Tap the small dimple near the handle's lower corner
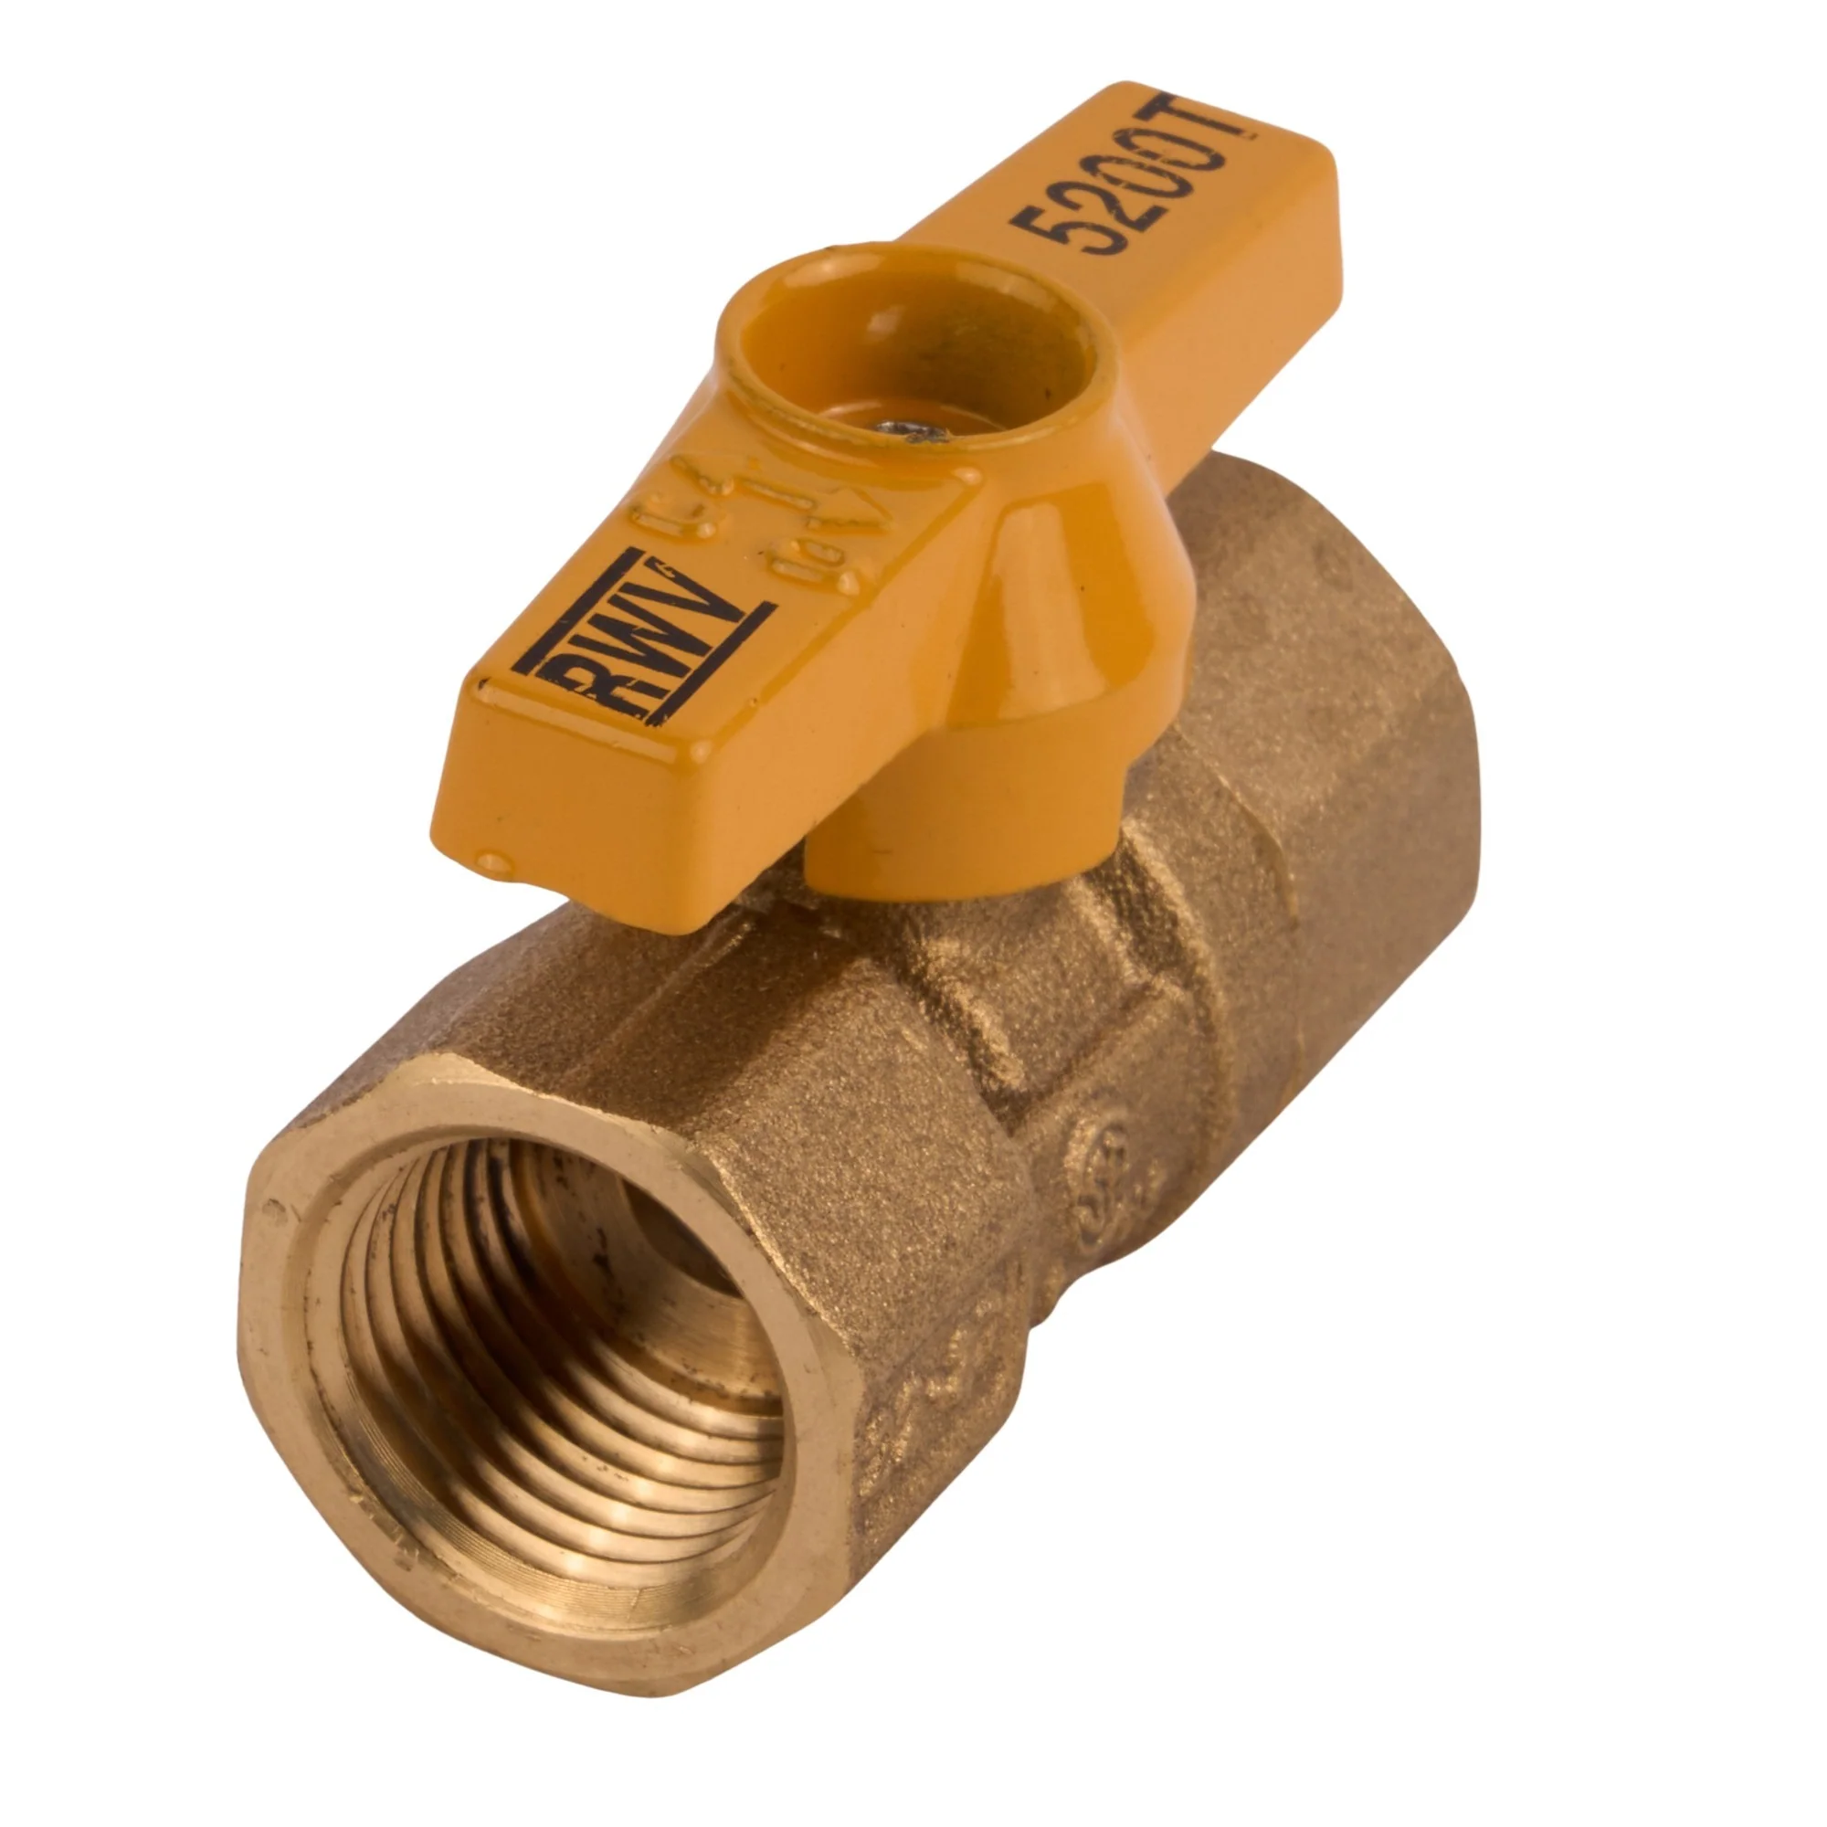click(x=493, y=862)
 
